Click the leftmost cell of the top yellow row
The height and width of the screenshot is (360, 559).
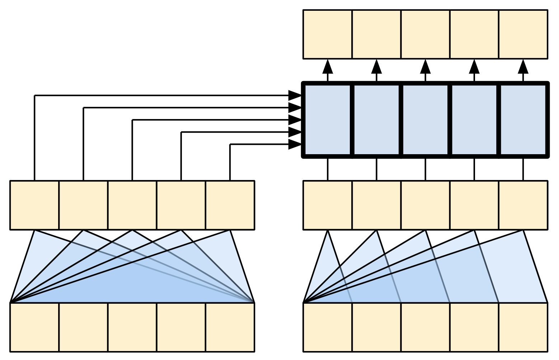328,34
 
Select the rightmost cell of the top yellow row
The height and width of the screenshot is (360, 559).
523,34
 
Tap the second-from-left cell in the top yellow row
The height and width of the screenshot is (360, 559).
376,34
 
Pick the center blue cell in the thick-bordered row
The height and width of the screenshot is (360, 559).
426,120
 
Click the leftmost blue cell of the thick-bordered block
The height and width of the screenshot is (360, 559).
328,120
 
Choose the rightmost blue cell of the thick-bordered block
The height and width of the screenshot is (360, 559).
523,120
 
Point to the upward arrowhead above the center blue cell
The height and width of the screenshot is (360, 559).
426,67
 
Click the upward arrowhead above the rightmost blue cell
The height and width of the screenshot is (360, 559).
523,67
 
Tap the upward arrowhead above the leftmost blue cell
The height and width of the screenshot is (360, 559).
328,67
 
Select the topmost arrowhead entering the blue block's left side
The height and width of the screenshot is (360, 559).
295,96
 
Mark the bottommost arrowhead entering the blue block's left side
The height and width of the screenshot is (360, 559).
295,145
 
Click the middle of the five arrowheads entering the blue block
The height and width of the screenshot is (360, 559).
295,120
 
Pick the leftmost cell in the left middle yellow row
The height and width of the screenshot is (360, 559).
34,205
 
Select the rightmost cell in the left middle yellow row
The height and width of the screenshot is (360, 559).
230,205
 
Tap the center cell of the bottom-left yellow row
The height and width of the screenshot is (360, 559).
132,327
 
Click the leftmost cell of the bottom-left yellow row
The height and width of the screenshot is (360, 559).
34,327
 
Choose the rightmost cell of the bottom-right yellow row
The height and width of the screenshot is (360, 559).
523,327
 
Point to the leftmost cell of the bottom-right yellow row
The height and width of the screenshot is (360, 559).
328,327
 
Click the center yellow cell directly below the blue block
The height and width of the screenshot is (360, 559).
426,205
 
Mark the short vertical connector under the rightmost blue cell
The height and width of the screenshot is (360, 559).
523,169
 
